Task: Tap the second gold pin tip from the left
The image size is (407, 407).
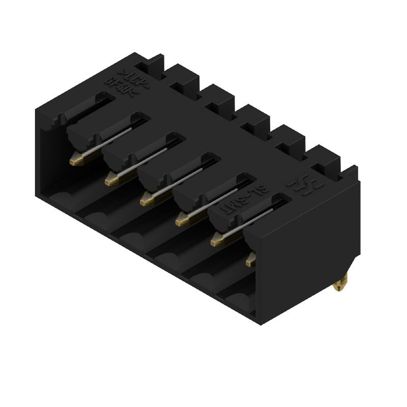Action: [x=111, y=179]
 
